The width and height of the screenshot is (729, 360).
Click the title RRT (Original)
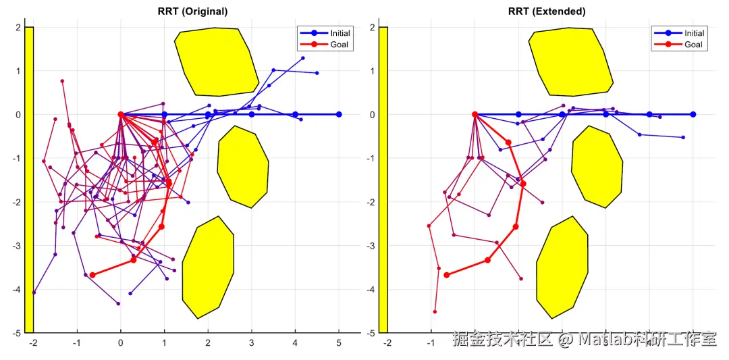click(192, 11)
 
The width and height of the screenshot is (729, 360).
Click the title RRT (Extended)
click(546, 11)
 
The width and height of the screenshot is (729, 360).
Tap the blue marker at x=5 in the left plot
click(339, 114)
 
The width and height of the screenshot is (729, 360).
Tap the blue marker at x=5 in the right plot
click(693, 114)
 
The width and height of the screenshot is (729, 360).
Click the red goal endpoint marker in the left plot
click(92, 275)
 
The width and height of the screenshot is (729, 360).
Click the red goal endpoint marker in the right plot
click(446, 275)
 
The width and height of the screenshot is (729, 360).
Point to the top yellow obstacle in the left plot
click(216, 61)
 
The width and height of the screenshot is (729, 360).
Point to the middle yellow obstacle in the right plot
click(597, 166)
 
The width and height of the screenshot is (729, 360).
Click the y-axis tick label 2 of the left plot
click(20, 27)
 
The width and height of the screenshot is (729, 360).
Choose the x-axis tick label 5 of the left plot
click(339, 343)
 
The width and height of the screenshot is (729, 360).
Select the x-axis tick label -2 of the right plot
click(387, 343)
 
